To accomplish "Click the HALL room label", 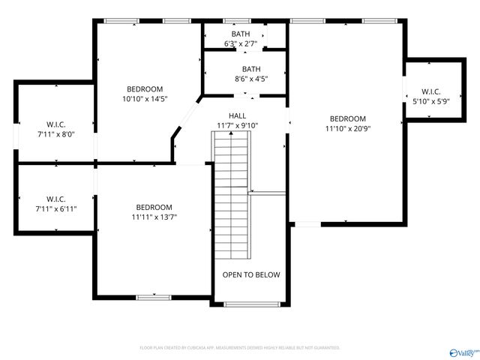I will [x=238, y=115].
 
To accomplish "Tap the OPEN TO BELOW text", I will [x=251, y=274].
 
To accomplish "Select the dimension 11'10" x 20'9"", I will [x=348, y=128].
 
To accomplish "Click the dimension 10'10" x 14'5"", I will [x=145, y=98].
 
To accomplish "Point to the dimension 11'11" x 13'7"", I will [x=154, y=217].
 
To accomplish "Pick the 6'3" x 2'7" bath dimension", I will [x=241, y=44].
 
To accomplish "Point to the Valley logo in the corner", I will [x=463, y=350].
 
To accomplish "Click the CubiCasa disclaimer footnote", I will [x=240, y=348].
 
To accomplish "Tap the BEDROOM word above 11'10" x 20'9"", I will [x=348, y=118].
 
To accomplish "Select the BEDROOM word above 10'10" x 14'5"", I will [x=145, y=88].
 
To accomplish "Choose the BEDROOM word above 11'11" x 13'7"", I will [x=154, y=207].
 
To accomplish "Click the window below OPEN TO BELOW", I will [x=250, y=304].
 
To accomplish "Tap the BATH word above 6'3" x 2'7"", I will [x=241, y=34].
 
